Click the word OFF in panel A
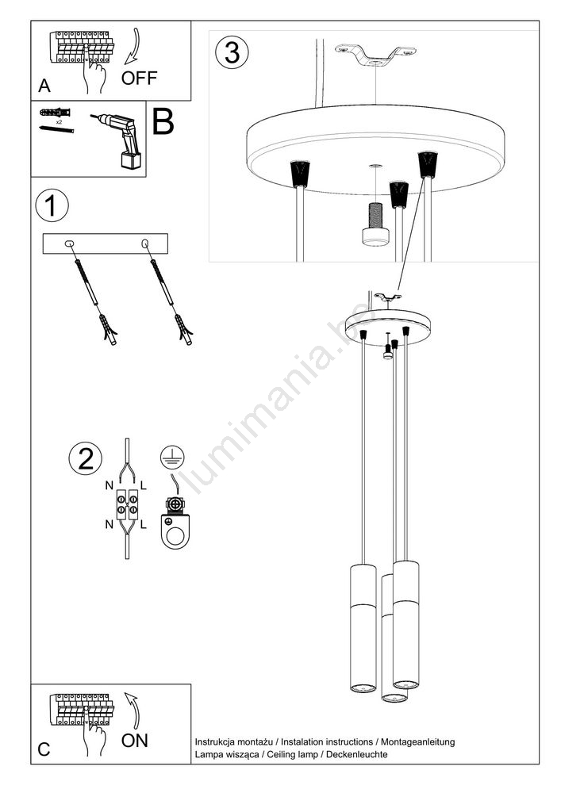139,78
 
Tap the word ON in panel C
135,741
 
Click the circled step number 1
52,206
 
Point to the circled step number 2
85,458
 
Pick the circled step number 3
232,52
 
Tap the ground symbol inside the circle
172,458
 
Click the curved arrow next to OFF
133,48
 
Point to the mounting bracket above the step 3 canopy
375,56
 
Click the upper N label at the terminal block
110,485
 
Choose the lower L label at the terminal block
143,524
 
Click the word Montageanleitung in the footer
418,742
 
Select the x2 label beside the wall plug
60,122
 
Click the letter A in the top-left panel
44,86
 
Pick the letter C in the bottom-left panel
44,749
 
